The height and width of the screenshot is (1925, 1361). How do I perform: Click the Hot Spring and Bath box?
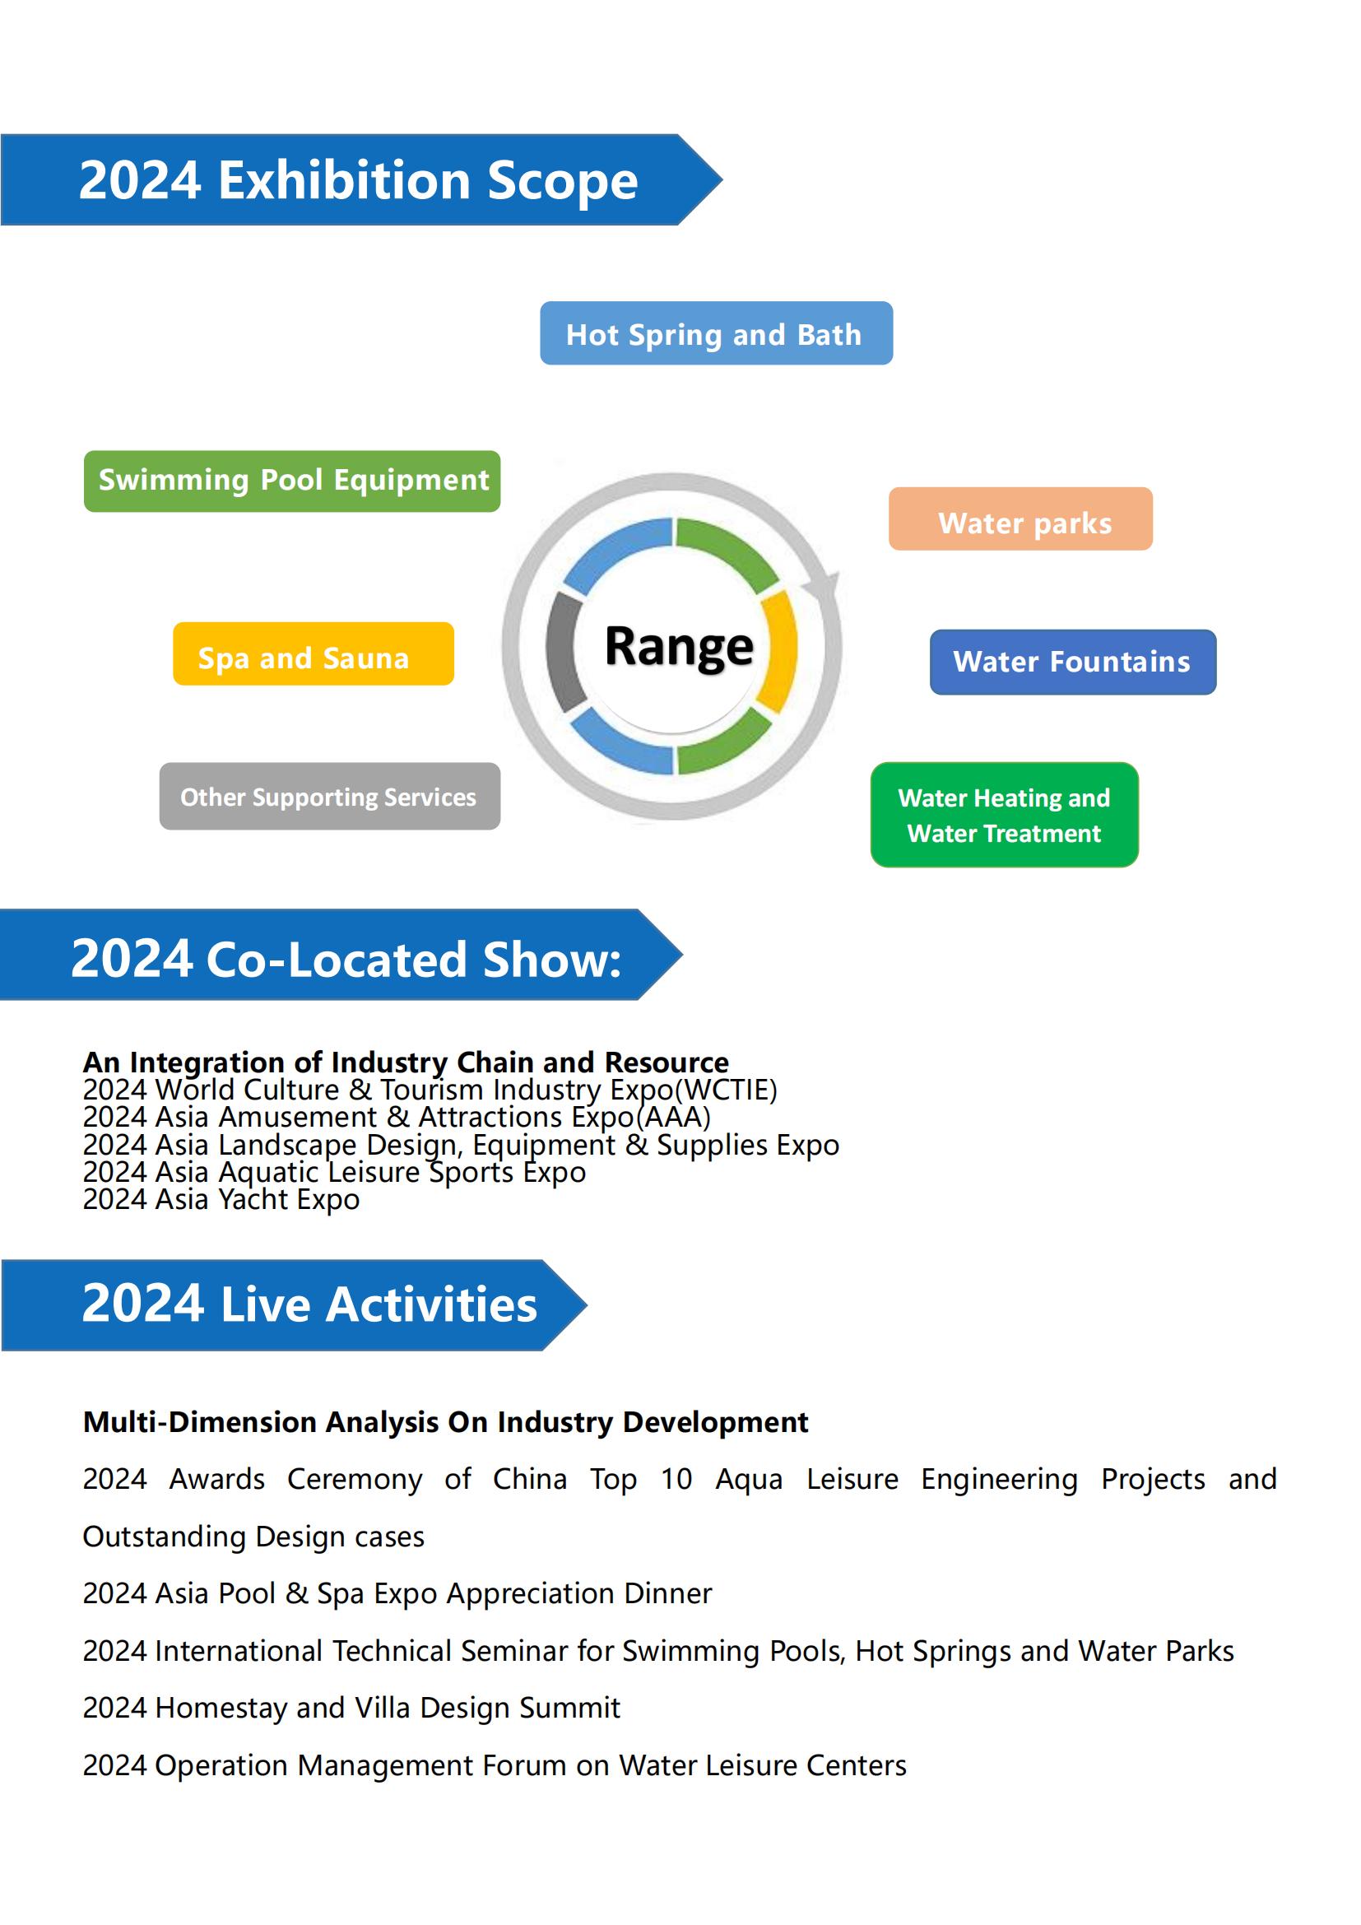pyautogui.click(x=716, y=332)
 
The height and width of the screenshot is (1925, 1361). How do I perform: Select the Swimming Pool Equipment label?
pyautogui.click(x=291, y=481)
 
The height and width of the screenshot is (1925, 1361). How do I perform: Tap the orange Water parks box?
pyautogui.click(x=1020, y=519)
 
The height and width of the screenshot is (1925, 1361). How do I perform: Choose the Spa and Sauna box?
pyautogui.click(x=314, y=654)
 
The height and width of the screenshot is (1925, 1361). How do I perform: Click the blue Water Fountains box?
pyautogui.click(x=1073, y=663)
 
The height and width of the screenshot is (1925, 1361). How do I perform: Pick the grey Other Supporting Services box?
pyautogui.click(x=329, y=797)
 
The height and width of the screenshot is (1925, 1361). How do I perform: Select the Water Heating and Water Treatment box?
pyautogui.click(x=1004, y=815)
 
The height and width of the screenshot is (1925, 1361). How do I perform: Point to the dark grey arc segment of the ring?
pyautogui.click(x=558, y=653)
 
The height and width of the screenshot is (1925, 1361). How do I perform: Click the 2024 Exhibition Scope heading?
pyautogui.click(x=359, y=180)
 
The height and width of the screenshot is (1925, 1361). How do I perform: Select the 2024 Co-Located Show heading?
pyautogui.click(x=346, y=958)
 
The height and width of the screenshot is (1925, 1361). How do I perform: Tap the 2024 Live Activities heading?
pyautogui.click(x=309, y=1304)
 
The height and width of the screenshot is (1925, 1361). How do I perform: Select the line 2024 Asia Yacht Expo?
pyautogui.click(x=221, y=1200)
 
